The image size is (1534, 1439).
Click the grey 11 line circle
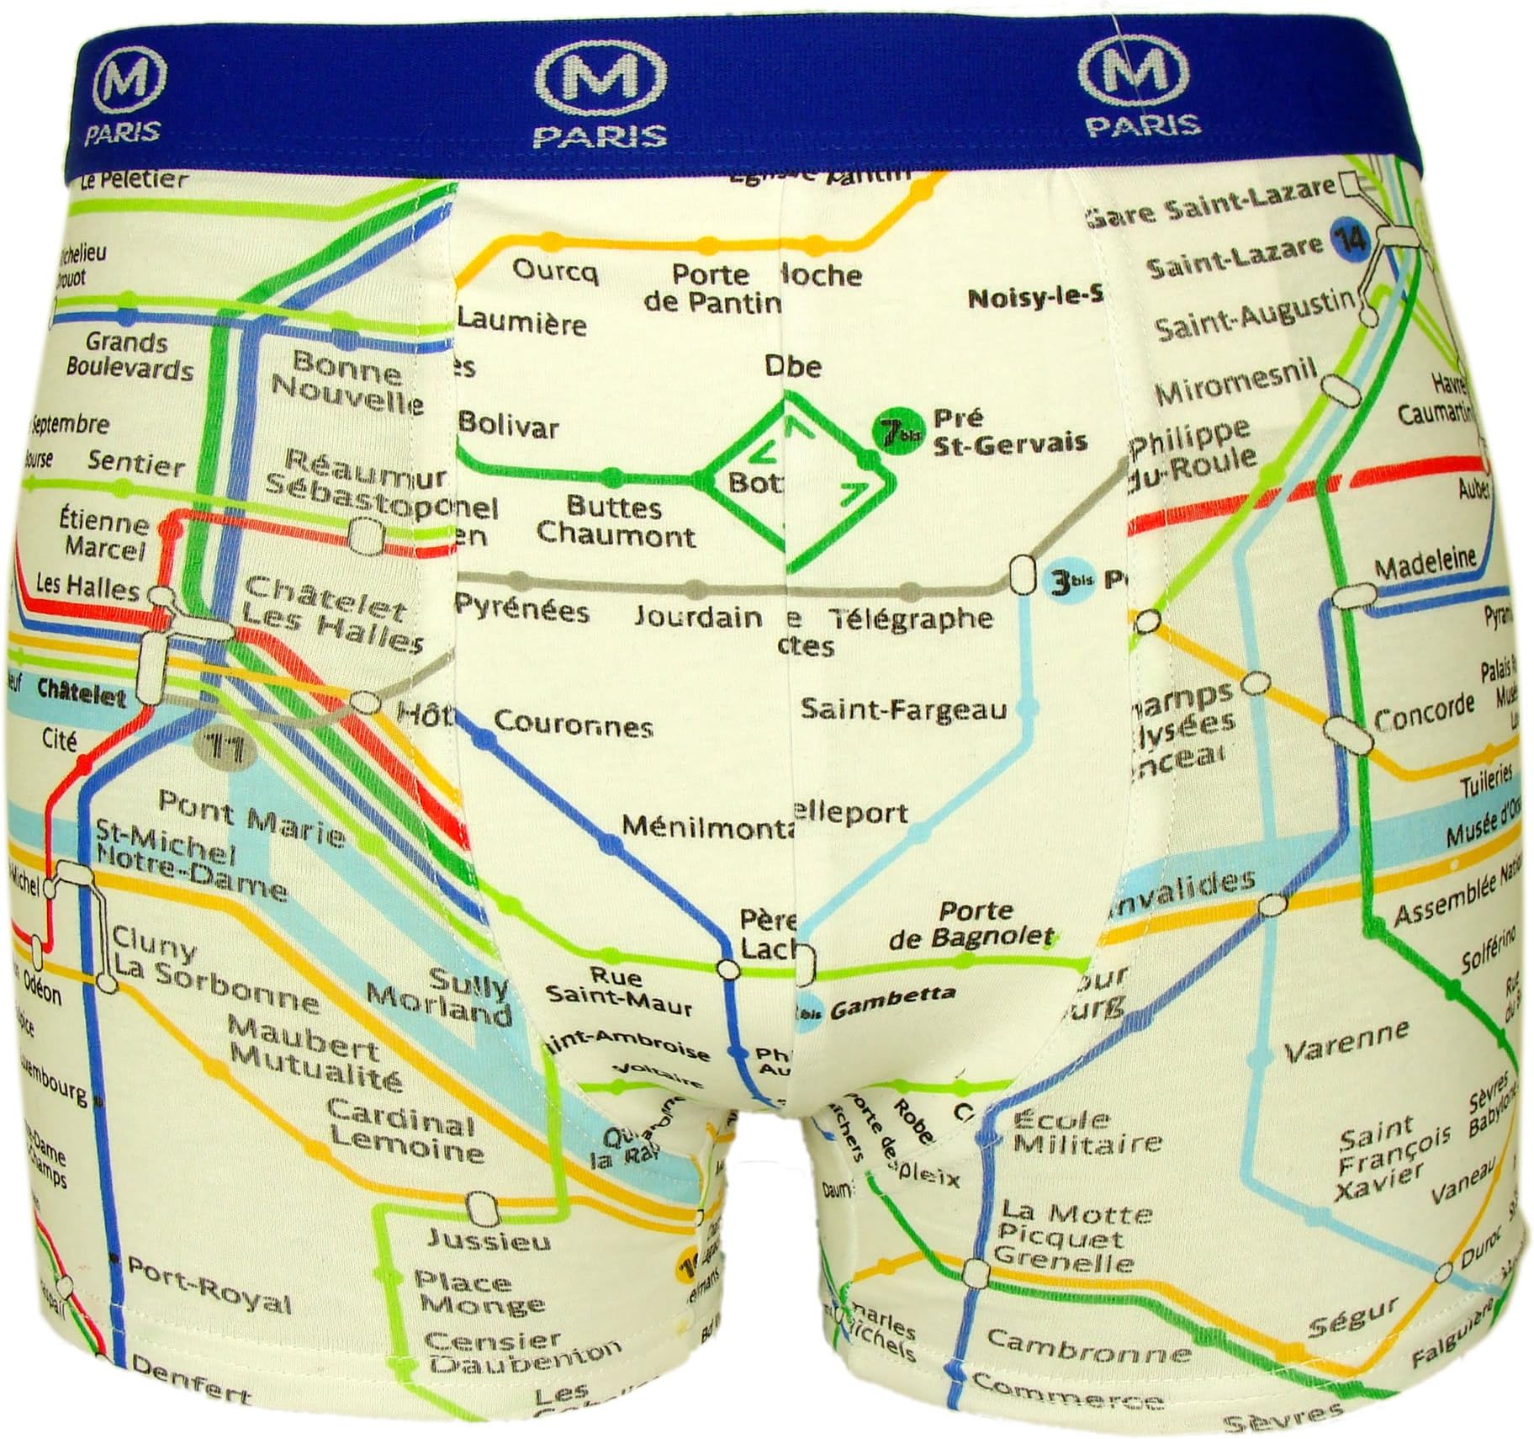[x=220, y=746]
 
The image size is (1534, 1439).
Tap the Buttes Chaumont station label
[x=616, y=522]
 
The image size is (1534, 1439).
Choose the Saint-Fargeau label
[x=903, y=709]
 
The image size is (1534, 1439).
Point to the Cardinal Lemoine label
[x=405, y=1136]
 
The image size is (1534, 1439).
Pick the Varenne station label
[x=1346, y=1042]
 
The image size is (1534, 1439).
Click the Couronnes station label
[x=574, y=724]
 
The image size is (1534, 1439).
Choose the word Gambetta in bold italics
[x=892, y=999]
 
